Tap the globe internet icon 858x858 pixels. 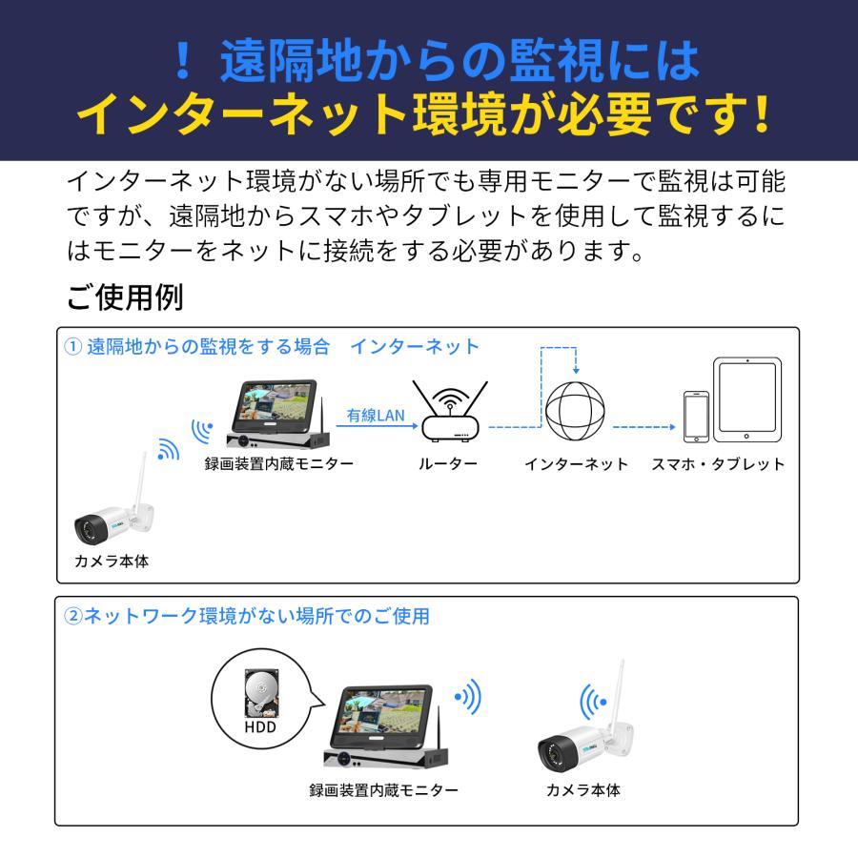point(576,412)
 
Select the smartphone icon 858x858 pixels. point(696,417)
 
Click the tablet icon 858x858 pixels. point(747,399)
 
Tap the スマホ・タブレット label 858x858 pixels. point(718,464)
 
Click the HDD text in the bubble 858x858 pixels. point(259,726)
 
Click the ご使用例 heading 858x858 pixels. point(124,297)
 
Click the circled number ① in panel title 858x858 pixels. point(73,347)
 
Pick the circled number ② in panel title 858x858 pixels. point(73,616)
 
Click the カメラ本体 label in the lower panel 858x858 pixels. point(582,790)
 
